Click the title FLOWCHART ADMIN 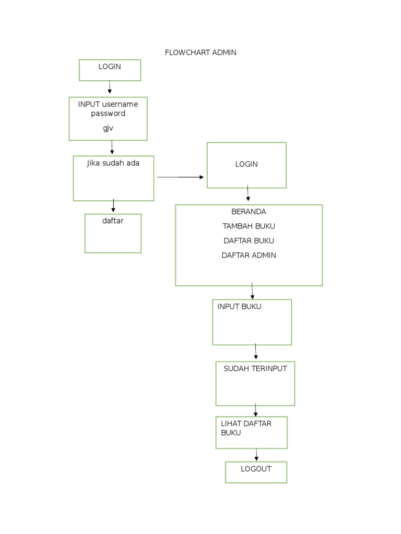coord(200,52)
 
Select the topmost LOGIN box coord(110,70)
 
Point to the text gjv coord(108,128)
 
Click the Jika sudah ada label coord(113,163)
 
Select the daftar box coord(113,233)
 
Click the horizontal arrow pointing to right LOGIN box coord(180,177)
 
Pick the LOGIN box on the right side coord(246,165)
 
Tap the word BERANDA coord(249,212)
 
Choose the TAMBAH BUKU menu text coord(249,226)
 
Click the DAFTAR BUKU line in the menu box coord(249,241)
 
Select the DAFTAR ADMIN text coord(249,256)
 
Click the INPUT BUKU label coord(239,307)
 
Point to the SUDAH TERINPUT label coord(255,369)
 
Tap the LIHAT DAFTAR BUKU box coord(251,432)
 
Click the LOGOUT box coord(256,471)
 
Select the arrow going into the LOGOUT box coord(256,454)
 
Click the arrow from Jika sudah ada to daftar coord(113,207)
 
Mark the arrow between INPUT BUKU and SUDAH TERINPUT coord(256,352)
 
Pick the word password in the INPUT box coord(108,113)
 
